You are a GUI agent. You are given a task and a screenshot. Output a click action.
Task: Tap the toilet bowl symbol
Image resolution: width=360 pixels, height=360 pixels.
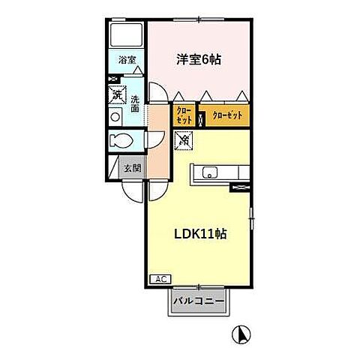[120, 140]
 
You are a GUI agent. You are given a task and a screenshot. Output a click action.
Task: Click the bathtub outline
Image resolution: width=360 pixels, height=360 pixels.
[125, 34]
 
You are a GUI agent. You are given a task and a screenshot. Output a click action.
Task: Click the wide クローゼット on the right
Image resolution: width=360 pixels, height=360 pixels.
[227, 115]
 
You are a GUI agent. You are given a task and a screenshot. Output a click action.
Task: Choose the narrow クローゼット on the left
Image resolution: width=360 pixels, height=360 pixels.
[184, 116]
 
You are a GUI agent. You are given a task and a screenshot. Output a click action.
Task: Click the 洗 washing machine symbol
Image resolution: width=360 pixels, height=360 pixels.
[117, 94]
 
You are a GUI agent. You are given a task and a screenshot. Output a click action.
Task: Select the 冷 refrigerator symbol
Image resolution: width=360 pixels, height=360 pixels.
[184, 139]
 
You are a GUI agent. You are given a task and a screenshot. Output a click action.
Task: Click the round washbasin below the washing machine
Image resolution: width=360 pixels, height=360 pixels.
[115, 117]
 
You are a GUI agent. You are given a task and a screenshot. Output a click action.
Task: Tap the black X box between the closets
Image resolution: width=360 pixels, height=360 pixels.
[200, 116]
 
